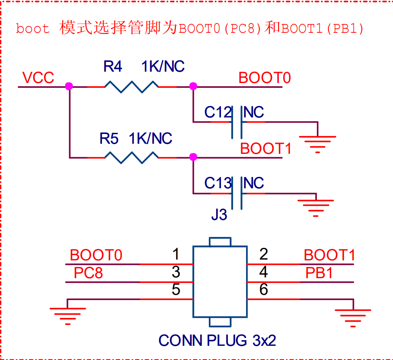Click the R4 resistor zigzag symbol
pyautogui.click(x=131, y=87)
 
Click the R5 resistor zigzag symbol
pyautogui.click(x=131, y=157)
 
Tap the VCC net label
pyautogui.click(x=38, y=78)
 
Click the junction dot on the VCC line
pyautogui.click(x=69, y=86)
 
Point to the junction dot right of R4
pyautogui.click(x=193, y=86)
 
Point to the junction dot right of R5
pyautogui.click(x=193, y=157)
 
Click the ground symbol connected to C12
pyautogui.click(x=318, y=142)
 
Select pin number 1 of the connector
pyautogui.click(x=176, y=255)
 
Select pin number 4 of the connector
pyautogui.click(x=263, y=272)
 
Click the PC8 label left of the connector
pyautogui.click(x=88, y=273)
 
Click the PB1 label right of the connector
pyautogui.click(x=319, y=273)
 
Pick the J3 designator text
pyautogui.click(x=219, y=215)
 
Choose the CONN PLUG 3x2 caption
pyautogui.click(x=217, y=341)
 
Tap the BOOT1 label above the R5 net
pyautogui.click(x=266, y=149)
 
